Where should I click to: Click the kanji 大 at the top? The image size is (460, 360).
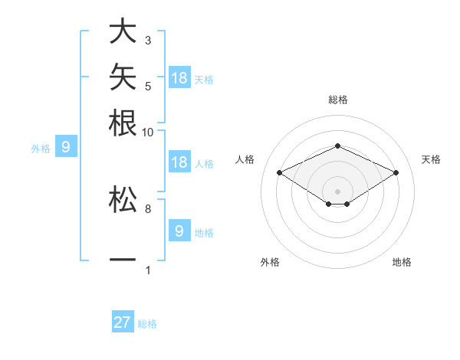(123, 31)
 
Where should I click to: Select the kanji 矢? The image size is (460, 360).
(123, 77)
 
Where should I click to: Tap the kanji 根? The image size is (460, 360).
(123, 123)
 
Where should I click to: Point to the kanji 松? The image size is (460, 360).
(123, 199)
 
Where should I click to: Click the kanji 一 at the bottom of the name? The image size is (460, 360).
(123, 260)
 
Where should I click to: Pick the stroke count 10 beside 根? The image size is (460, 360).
(147, 133)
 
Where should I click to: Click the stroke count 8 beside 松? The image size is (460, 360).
(148, 209)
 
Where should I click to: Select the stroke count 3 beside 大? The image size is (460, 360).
(148, 41)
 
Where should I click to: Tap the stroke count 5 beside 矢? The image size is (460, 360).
(148, 87)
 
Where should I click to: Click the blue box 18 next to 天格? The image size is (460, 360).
(179, 77)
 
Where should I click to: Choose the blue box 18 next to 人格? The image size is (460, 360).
(179, 162)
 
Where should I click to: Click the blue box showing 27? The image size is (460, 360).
(123, 321)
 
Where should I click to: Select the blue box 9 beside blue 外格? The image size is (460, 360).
(66, 146)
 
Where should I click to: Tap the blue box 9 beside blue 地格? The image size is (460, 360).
(179, 230)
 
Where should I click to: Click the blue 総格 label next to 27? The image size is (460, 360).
(147, 324)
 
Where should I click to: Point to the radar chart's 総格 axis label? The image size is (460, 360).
(338, 100)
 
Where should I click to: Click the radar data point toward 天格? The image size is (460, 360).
(396, 172)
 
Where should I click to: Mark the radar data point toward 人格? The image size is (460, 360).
(280, 172)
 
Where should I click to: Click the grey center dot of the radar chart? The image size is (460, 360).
(337, 191)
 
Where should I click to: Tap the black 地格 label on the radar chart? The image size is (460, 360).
(402, 262)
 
